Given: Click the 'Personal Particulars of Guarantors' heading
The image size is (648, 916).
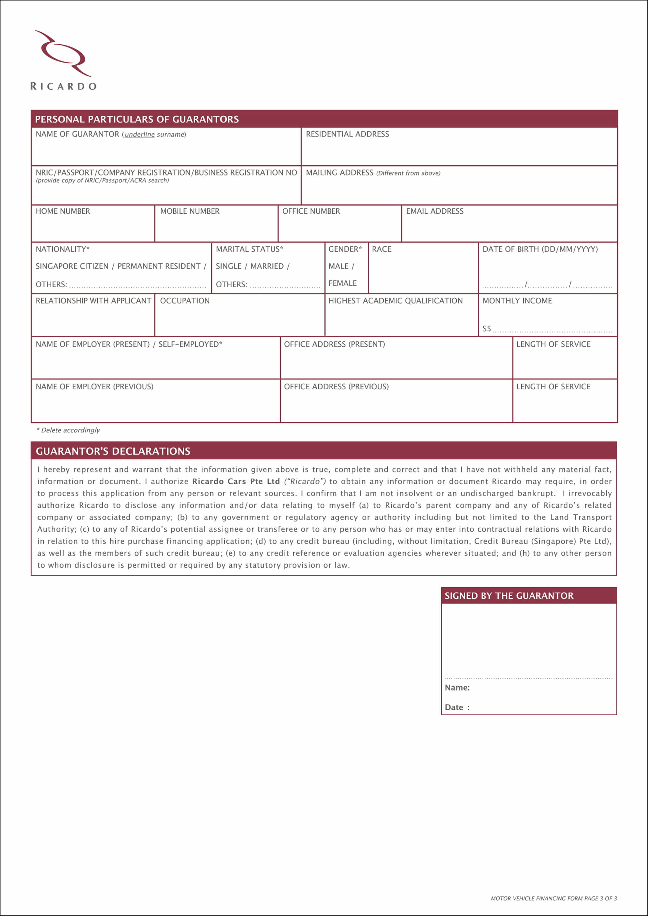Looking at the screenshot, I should pyautogui.click(x=137, y=119).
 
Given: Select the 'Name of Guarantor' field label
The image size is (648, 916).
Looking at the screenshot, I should pyautogui.click(x=78, y=134).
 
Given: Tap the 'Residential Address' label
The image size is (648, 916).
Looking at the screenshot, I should pyautogui.click(x=347, y=134).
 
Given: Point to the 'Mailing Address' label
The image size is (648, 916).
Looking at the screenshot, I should pyautogui.click(x=340, y=173).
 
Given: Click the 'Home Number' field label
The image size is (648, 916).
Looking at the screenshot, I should pyautogui.click(x=63, y=211).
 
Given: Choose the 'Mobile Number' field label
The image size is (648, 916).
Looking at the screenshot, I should pyautogui.click(x=190, y=211).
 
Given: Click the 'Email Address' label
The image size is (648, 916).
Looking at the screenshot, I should pyautogui.click(x=435, y=211).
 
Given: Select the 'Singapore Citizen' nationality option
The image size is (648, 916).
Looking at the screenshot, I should pyautogui.click(x=72, y=266).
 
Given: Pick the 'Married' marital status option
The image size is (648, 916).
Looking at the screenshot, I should pyautogui.click(x=267, y=266).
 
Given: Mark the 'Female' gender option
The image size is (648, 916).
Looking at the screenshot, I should pyautogui.click(x=342, y=283).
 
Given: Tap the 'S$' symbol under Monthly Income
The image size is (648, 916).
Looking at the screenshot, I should pyautogui.click(x=486, y=329).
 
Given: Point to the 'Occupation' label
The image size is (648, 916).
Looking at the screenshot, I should pyautogui.click(x=185, y=301).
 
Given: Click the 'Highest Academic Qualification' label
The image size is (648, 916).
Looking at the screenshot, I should pyautogui.click(x=395, y=301).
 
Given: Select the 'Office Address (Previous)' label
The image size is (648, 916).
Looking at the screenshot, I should pyautogui.click(x=336, y=387).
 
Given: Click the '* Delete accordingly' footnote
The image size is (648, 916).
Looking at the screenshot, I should pyautogui.click(x=68, y=430).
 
